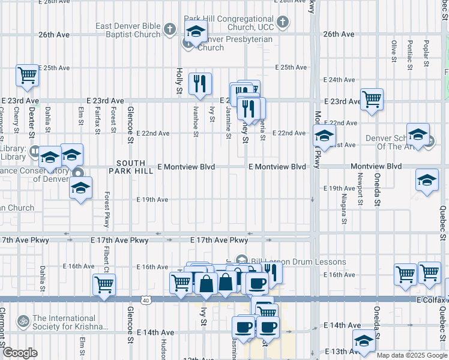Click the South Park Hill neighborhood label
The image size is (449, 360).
[131, 167]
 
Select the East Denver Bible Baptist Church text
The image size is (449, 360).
[128, 30]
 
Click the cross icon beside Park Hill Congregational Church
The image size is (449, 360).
[283, 23]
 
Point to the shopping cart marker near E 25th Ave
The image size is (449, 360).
[27, 76]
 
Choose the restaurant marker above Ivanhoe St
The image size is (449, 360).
[200, 84]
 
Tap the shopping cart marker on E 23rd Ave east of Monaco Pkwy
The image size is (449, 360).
[372, 99]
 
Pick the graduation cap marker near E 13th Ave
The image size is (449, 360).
[364, 341]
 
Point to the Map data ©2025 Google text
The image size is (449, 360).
[411, 355]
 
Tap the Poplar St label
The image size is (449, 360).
[426, 52]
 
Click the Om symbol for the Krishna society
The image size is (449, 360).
[23, 322]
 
